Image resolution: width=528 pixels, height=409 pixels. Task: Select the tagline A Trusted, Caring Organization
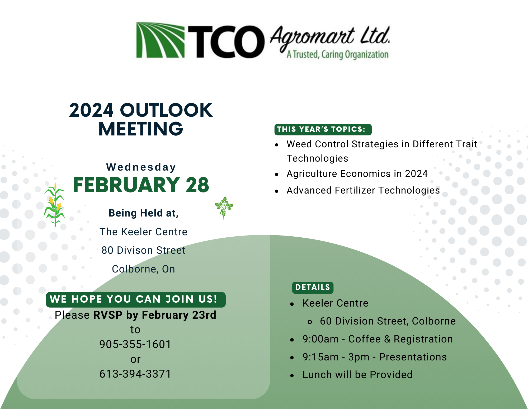pyautogui.click(x=338, y=55)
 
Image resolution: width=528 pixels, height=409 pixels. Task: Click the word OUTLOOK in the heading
pyautogui.click(x=166, y=110)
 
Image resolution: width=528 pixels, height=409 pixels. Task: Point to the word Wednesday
pyautogui.click(x=141, y=167)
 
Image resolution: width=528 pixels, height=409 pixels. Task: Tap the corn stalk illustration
pyautogui.click(x=54, y=204)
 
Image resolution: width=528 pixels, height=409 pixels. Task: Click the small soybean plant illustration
pyautogui.click(x=224, y=208)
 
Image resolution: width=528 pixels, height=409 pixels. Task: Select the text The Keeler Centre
pyautogui.click(x=143, y=232)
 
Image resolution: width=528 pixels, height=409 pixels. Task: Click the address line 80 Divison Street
pyautogui.click(x=143, y=250)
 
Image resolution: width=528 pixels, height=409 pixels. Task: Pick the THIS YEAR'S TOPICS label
pyautogui.click(x=323, y=129)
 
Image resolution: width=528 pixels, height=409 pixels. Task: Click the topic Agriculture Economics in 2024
pyautogui.click(x=357, y=174)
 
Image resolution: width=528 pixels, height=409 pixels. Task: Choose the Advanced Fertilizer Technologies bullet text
pyautogui.click(x=363, y=190)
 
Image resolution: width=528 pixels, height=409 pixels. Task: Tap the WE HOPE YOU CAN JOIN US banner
pyautogui.click(x=136, y=300)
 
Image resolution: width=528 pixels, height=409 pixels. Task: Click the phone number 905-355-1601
pyautogui.click(x=135, y=344)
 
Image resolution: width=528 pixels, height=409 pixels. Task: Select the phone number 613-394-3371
pyautogui.click(x=135, y=374)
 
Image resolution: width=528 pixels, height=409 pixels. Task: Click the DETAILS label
pyautogui.click(x=313, y=288)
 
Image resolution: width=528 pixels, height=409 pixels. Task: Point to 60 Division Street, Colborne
pyautogui.click(x=388, y=321)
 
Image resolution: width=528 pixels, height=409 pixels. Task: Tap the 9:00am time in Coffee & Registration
pyautogui.click(x=320, y=339)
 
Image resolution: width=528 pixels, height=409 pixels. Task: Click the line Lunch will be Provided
pyautogui.click(x=357, y=375)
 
